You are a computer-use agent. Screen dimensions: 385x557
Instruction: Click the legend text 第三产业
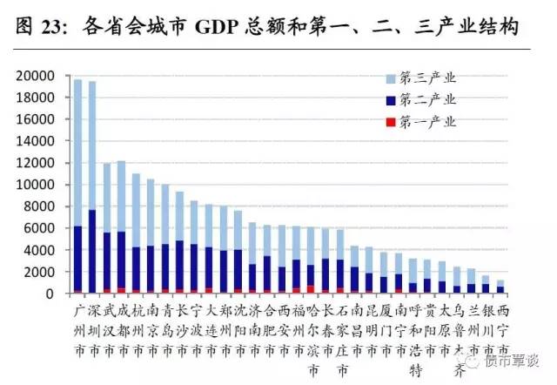point(428,78)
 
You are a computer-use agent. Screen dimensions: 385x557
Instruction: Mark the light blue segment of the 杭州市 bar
point(136,210)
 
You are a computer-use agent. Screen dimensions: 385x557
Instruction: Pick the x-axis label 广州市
point(77,329)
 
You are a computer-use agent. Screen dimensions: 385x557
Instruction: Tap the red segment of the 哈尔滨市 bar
point(311,289)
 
